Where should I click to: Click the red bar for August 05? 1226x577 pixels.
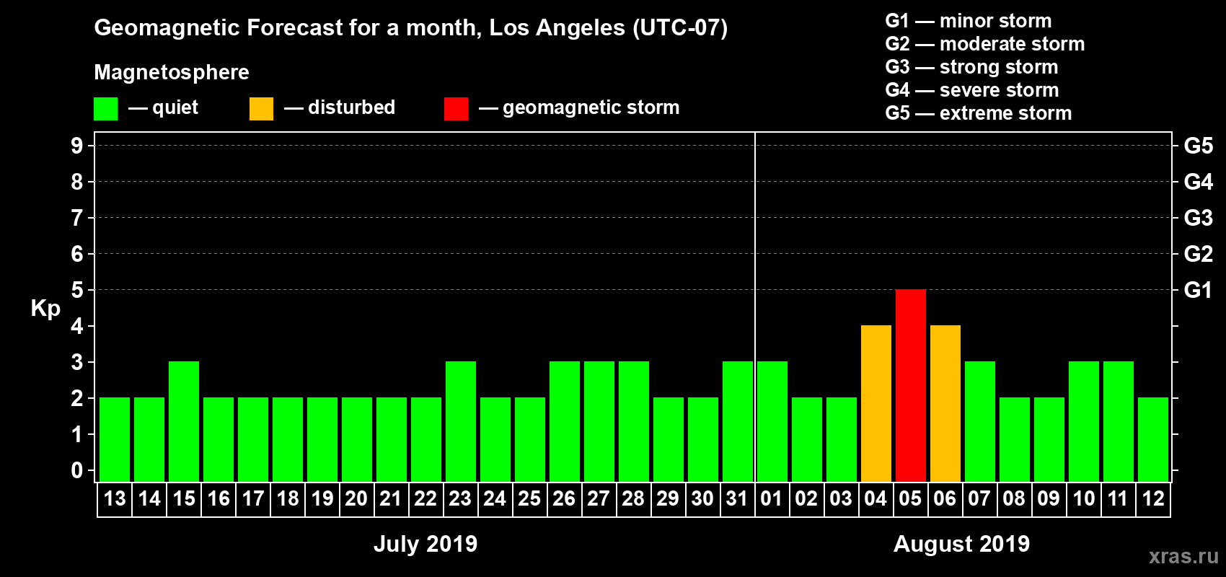point(910,385)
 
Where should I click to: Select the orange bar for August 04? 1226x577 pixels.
point(876,403)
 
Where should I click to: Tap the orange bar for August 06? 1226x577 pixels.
point(945,403)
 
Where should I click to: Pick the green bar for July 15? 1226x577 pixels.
point(184,421)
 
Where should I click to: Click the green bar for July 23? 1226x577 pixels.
point(461,421)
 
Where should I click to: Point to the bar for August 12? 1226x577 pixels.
point(1152,439)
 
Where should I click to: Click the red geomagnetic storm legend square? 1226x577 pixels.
point(456,109)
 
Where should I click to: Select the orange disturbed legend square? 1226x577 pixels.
point(261,109)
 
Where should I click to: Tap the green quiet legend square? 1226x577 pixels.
point(106,109)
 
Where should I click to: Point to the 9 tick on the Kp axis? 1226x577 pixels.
point(77,146)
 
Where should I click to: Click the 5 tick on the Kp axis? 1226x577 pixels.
point(77,290)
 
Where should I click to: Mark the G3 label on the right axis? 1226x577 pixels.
point(1198,218)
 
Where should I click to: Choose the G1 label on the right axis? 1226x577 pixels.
point(1198,290)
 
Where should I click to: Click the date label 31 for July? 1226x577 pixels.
point(737,498)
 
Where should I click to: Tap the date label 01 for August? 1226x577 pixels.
point(772,498)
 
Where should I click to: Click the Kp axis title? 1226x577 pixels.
point(45,309)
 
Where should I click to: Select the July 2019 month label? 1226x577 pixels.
point(425,544)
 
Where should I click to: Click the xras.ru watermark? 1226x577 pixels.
point(1183,556)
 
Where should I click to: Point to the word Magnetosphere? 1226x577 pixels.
point(172,72)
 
